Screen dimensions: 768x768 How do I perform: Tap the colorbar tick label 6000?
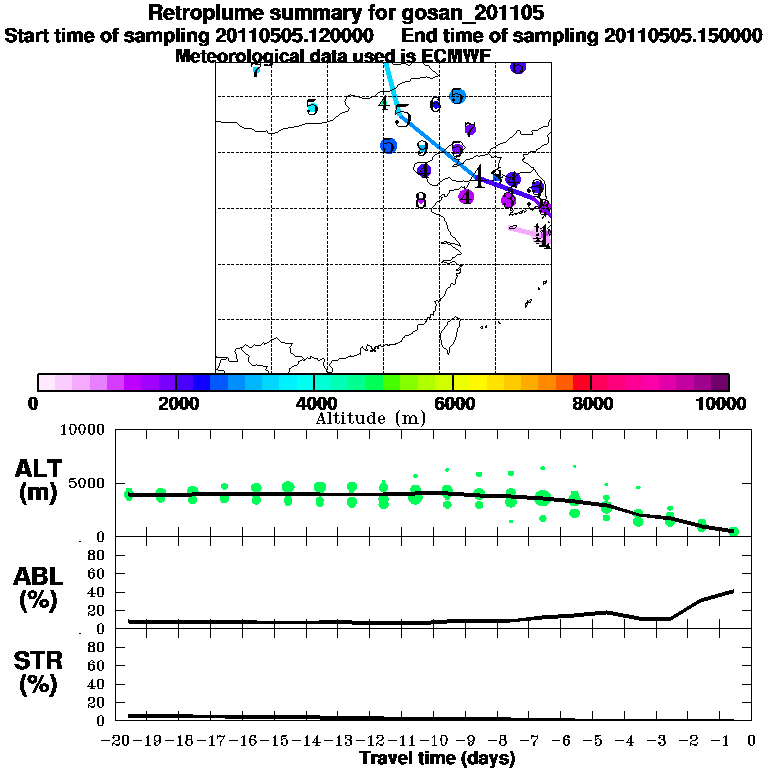pyautogui.click(x=453, y=403)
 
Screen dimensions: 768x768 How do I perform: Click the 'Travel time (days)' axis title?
pyautogui.click(x=437, y=758)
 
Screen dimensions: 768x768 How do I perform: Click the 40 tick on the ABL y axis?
pyautogui.click(x=97, y=592)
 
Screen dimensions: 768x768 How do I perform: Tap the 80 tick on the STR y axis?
pyautogui.click(x=97, y=647)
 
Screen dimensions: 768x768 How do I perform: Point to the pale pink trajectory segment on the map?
pyautogui.click(x=524, y=232)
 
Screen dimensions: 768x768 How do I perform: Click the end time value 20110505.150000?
pyautogui.click(x=683, y=35)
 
